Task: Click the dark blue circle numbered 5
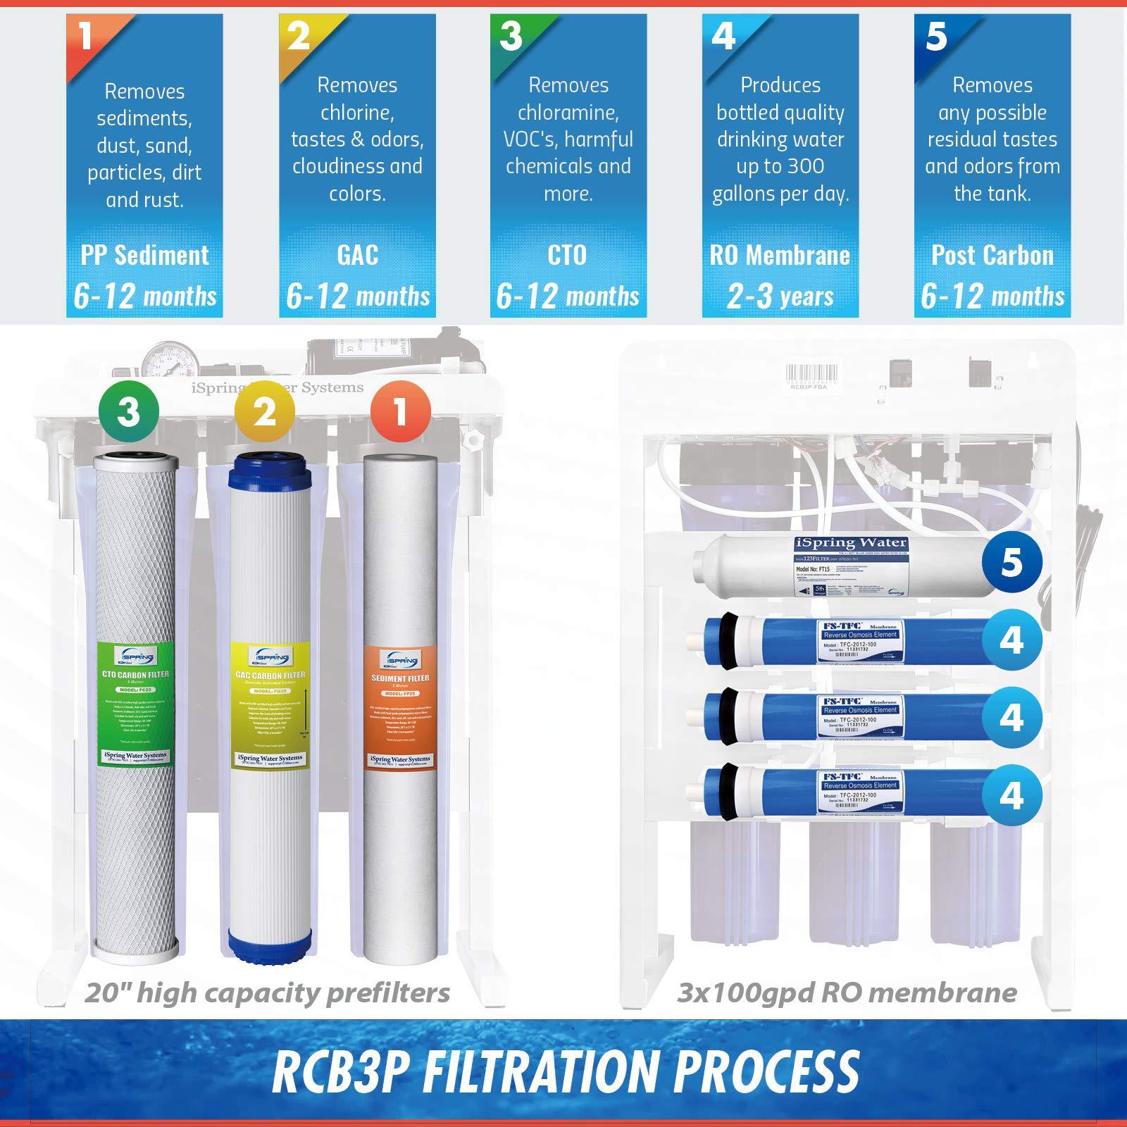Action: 1011,561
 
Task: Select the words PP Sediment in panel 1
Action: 145,255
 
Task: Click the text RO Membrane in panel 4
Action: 780,255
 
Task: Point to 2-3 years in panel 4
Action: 780,296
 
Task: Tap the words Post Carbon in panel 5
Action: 992,255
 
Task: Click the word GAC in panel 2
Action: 357,255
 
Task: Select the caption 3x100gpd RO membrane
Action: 847,992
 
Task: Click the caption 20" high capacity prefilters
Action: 267,992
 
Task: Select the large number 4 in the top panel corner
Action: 724,35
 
